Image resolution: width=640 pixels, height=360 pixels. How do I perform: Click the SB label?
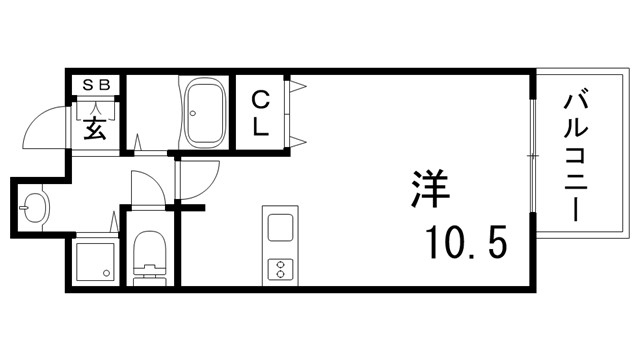(x=95, y=84)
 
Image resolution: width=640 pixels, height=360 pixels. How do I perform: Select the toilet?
(x=151, y=255)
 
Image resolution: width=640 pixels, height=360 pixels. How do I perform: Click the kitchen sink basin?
(x=278, y=227)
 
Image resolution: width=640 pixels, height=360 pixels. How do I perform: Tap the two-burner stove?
(x=278, y=268)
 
